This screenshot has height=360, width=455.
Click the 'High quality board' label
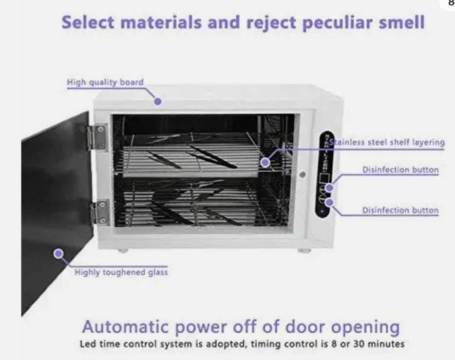[105, 82]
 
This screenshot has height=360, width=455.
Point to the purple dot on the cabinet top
[158, 101]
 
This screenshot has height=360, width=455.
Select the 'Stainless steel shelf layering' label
[387, 142]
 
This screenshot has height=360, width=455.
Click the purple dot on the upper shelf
[265, 162]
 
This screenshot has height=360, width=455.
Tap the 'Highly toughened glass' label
[121, 272]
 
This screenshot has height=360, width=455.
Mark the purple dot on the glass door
[58, 253]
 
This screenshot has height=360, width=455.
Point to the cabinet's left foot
[122, 250]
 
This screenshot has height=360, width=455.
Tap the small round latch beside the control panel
[303, 174]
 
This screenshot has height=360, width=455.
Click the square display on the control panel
[324, 178]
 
